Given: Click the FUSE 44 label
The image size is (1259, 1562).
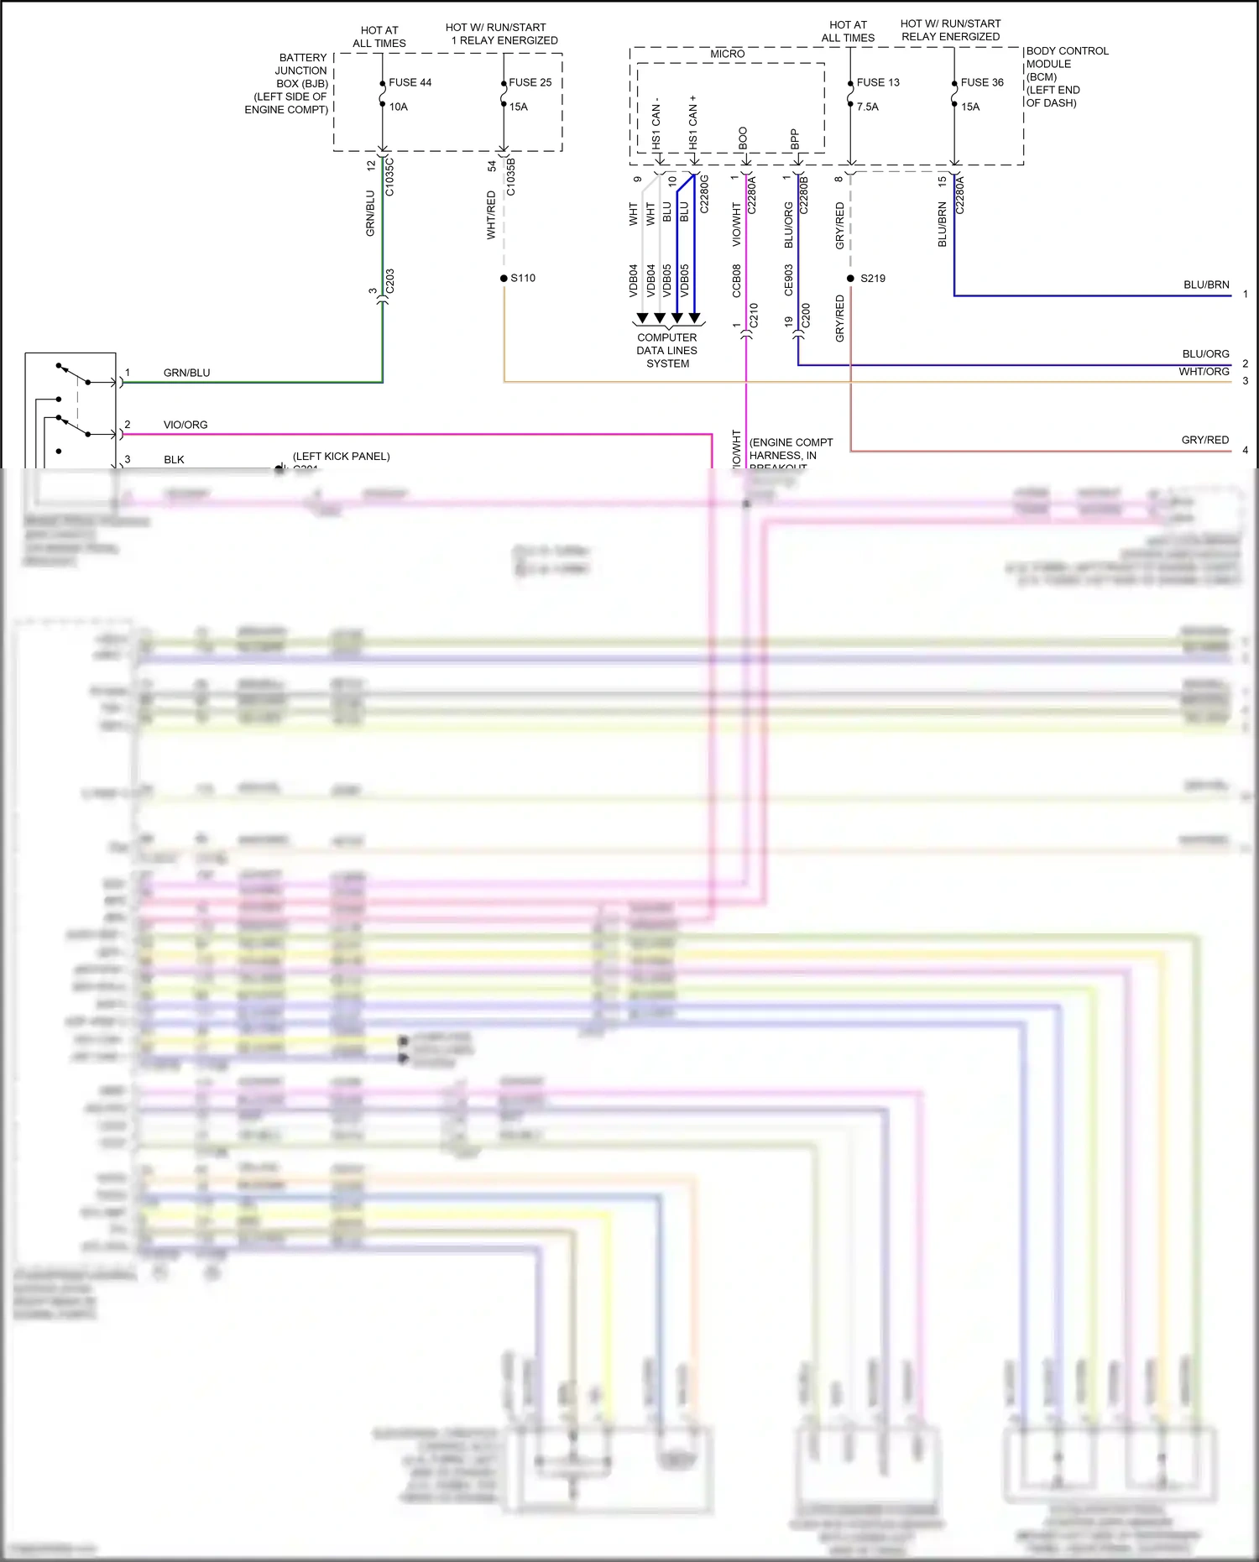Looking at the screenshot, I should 410,82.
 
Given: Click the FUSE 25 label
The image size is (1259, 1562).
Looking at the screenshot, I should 530,82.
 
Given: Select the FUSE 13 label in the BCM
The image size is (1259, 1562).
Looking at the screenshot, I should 877,82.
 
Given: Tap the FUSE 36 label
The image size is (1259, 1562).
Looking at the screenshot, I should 981,82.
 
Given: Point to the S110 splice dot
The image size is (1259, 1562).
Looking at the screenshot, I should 504,278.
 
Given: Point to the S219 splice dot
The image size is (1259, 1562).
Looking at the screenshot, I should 850,278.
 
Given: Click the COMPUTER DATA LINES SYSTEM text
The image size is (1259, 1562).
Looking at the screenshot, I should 667,350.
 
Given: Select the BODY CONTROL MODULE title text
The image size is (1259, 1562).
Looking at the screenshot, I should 1066,57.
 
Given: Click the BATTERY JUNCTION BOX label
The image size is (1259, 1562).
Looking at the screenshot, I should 300,71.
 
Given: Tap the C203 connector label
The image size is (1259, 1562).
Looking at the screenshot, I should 389,282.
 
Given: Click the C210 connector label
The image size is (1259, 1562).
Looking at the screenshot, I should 754,316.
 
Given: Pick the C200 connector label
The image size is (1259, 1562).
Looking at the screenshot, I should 806,316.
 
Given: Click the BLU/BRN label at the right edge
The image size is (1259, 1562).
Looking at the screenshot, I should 1205,285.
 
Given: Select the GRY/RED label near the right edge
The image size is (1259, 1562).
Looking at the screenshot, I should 1204,440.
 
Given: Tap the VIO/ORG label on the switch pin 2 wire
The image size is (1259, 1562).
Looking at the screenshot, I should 185,425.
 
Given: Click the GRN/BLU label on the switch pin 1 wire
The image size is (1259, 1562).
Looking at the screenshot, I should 186,373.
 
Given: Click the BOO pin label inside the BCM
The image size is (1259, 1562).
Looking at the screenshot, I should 743,138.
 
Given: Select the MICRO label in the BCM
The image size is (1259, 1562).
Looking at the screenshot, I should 727,54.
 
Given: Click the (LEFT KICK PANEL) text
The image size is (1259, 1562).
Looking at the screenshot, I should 341,456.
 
